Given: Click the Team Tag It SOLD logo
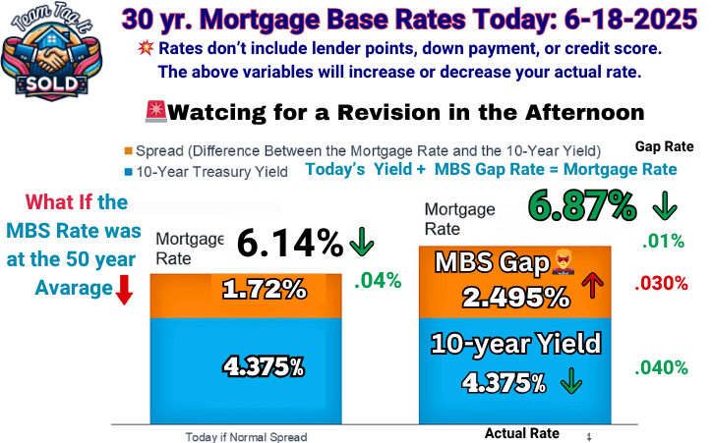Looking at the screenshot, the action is point(51,51).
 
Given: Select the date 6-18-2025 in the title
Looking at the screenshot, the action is point(630,20).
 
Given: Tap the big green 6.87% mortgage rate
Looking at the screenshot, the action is point(582,206).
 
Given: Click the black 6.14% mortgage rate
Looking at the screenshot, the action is point(290,243).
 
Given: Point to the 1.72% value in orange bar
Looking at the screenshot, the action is point(265,290).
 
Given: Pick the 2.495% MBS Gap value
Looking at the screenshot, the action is point(515,298).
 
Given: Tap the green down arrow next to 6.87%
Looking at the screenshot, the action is point(665,206).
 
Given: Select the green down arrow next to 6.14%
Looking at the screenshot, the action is point(362,242).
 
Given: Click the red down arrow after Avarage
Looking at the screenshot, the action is point(124,290).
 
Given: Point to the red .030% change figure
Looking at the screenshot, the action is point(661,284).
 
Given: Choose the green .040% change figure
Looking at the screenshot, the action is point(661,367).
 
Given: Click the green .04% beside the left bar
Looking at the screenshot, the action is point(378,281).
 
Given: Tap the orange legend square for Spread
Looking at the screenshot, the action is point(129,151).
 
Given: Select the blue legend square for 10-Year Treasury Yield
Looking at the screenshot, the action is point(129,172).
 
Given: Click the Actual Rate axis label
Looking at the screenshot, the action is point(521,433).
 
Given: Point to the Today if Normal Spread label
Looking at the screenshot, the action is point(246,437).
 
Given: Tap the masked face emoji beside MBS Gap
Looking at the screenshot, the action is point(563,262).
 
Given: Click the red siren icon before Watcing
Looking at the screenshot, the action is point(156,111).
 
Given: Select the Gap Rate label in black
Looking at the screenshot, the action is point(665,146).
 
